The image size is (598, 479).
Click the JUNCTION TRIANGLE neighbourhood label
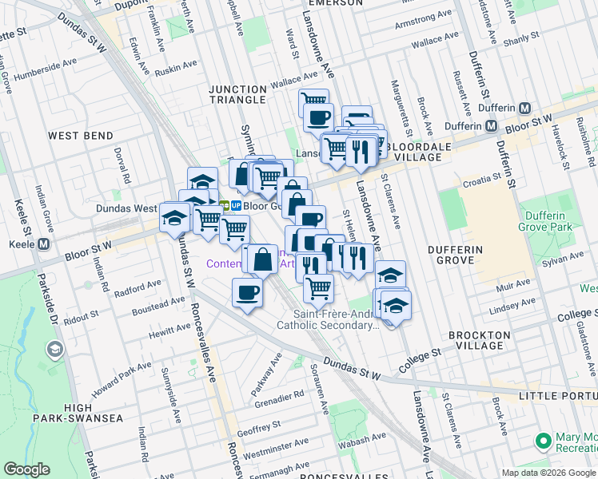tap(237, 94)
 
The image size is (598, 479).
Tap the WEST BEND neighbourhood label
tap(80, 137)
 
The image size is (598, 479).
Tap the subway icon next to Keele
tap(43, 244)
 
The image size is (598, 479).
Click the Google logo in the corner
tap(26, 469)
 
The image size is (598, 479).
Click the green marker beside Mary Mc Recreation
tap(544, 441)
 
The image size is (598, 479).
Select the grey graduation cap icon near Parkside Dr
tap(54, 350)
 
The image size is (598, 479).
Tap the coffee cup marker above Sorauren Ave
tap(248, 292)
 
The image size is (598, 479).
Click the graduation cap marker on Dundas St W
tap(173, 217)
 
